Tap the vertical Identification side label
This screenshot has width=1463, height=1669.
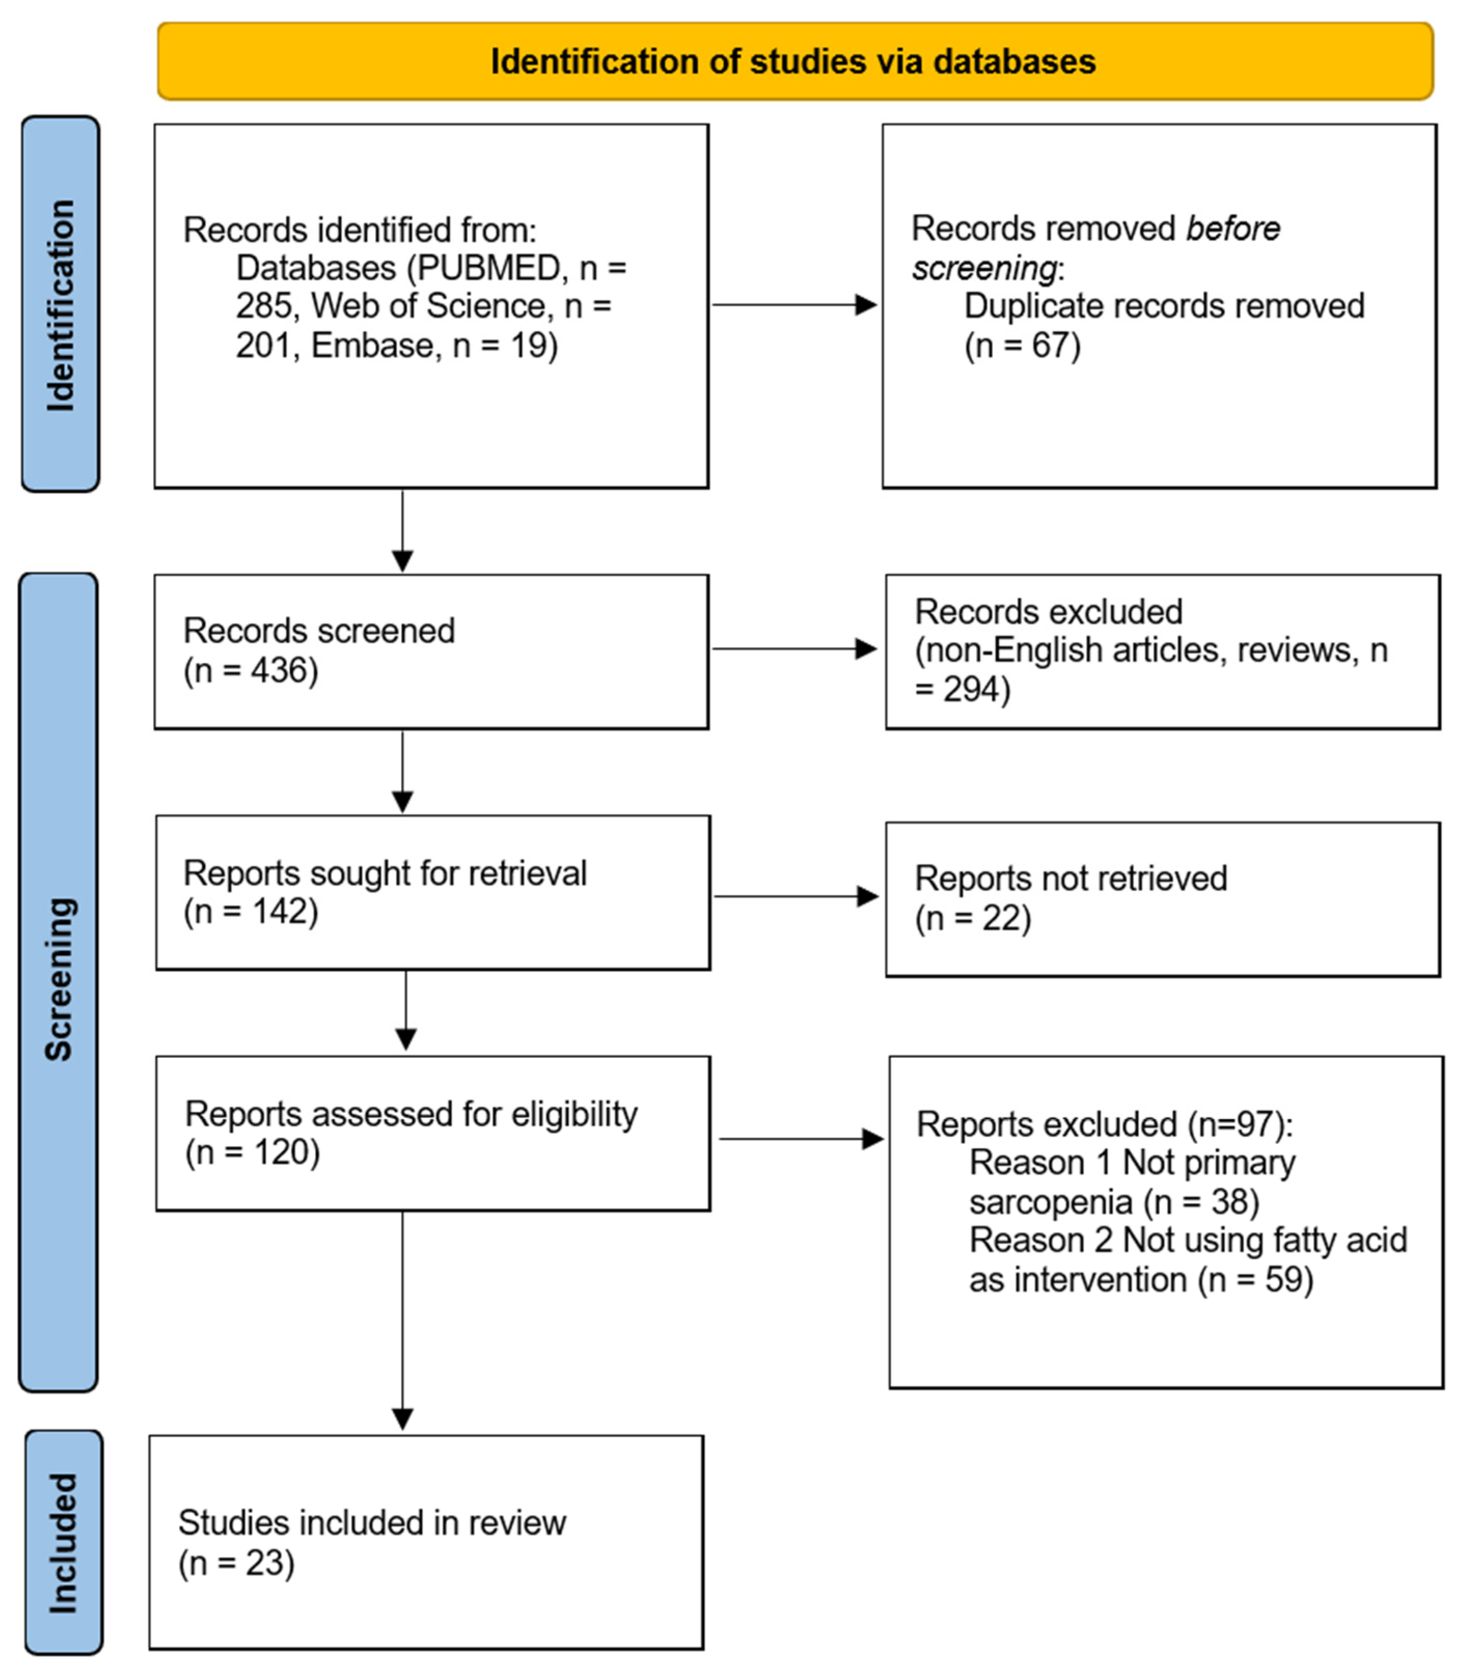click(60, 305)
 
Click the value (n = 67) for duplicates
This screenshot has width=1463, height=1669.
click(1022, 346)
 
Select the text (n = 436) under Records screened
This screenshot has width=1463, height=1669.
click(251, 670)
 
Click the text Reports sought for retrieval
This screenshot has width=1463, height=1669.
click(384, 873)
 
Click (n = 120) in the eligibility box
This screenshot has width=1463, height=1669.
click(252, 1152)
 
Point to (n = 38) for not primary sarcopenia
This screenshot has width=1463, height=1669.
click(1201, 1202)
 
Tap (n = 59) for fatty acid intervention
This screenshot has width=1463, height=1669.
click(1255, 1279)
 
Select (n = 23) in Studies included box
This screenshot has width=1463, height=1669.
click(236, 1563)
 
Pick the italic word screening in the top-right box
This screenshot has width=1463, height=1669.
click(984, 268)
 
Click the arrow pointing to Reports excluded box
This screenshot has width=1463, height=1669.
click(799, 1139)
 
